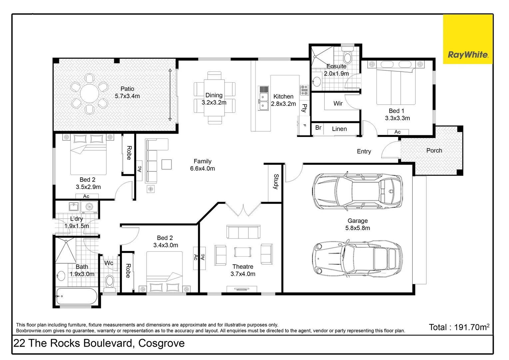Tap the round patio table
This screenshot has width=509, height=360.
[90, 93]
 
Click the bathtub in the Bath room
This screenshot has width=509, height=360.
[77, 296]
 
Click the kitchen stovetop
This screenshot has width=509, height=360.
[304, 90]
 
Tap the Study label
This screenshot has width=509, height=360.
[276, 181]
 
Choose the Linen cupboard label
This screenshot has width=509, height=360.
[339, 129]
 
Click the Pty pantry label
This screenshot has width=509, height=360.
[304, 108]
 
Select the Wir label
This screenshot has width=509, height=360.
[338, 103]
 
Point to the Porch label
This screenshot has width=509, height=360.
[434, 151]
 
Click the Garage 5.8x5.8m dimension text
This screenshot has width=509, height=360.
[357, 228]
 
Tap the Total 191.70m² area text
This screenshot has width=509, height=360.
[459, 327]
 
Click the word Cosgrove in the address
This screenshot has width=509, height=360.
[161, 343]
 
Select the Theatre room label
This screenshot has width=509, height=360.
[243, 267]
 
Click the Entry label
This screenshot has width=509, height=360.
[364, 151]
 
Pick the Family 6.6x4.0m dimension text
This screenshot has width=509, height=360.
[203, 169]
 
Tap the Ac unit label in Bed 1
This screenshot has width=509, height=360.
[397, 132]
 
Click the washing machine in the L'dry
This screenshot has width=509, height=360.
[89, 207]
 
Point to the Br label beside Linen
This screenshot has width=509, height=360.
[318, 128]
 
